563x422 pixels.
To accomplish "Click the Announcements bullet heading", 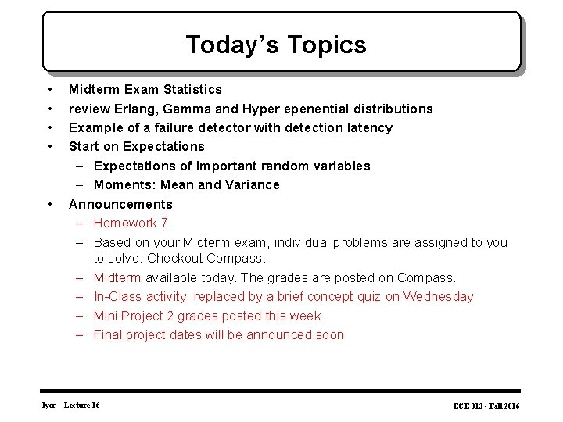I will coord(120,204).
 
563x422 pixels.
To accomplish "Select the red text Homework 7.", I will coord(132,224).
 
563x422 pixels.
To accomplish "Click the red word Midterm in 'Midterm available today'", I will coord(117,277).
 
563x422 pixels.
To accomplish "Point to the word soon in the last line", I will coord(328,334).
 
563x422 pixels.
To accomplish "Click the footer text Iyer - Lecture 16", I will coord(71,405).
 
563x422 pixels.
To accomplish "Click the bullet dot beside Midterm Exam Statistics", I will coord(50,90).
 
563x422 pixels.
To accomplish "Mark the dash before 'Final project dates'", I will coord(81,334).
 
